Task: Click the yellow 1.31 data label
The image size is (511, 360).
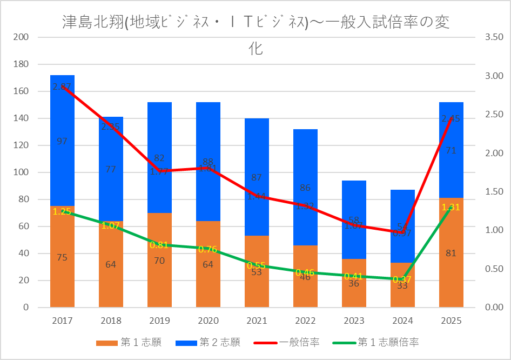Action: click(451, 207)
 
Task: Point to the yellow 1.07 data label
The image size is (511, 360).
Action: click(111, 225)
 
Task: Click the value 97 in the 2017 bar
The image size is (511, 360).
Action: click(62, 142)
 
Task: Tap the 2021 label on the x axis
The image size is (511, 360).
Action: click(257, 321)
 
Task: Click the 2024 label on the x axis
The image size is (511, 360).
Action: click(402, 321)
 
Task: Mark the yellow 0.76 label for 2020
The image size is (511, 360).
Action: click(208, 249)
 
